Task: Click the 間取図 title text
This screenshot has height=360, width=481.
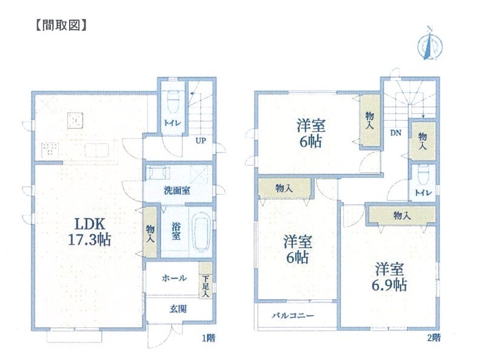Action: pos(61,25)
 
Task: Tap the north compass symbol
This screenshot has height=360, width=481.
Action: pos(430,44)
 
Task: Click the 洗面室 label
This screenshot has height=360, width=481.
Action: pos(177,190)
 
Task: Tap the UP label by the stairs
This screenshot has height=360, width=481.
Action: pos(201,141)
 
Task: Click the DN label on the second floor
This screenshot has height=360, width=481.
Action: pos(395,133)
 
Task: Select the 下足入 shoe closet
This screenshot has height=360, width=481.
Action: pos(206,280)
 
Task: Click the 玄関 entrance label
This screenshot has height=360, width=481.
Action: pos(178,309)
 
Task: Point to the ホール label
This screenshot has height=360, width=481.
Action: pos(174,278)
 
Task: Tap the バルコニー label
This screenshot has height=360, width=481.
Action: pos(293,316)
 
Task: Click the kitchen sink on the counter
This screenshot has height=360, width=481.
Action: pos(96,150)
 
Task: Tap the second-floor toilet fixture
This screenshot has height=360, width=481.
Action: pos(423,175)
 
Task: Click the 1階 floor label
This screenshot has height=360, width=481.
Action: pos(209,338)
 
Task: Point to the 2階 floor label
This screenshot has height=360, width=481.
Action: pos(434,338)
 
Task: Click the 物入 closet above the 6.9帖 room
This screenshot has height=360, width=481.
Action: pos(402,216)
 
